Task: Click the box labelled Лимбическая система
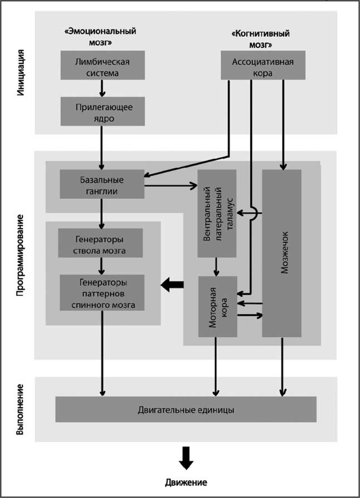(103, 65)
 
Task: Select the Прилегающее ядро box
(103, 112)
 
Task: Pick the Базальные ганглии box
(101, 184)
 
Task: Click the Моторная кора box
(217, 306)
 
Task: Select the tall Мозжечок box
(282, 253)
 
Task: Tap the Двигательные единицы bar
(186, 409)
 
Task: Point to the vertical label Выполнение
(21, 409)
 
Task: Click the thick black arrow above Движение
(186, 457)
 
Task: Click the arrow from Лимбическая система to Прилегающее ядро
(103, 89)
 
